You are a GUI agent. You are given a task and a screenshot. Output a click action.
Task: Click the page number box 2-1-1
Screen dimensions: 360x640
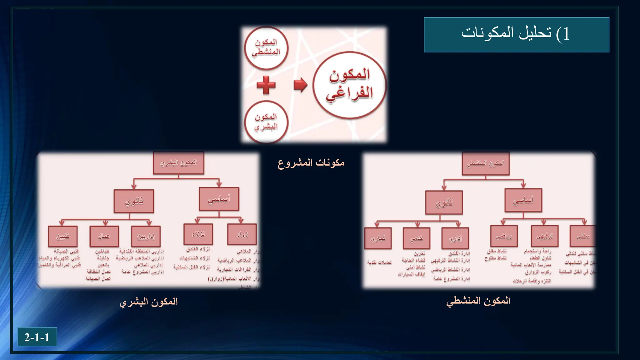[37, 337]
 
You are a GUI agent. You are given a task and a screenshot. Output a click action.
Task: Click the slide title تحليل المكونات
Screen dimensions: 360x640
[516, 34]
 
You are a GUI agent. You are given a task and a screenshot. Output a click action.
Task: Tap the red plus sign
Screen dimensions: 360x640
[266, 85]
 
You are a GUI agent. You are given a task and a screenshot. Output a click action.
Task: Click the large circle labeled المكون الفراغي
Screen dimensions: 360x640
[349, 85]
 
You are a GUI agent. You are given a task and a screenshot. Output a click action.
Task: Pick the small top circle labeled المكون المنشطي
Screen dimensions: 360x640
[266, 47]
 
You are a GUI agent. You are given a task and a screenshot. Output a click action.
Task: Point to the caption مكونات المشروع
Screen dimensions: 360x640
[311, 163]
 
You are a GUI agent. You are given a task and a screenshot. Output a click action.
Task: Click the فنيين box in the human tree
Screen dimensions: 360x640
[63, 236]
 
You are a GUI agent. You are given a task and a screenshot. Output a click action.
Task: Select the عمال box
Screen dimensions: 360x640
[104, 236]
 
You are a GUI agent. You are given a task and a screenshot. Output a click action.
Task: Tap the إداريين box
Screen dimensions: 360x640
[146, 237]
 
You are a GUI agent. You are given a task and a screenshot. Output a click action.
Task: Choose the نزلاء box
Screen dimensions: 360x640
[198, 234]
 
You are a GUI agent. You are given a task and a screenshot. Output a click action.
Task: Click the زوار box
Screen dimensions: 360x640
[242, 234]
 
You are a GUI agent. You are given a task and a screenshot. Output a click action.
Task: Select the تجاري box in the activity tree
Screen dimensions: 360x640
[378, 238]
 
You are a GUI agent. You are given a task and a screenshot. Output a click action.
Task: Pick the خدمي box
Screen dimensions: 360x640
[416, 238]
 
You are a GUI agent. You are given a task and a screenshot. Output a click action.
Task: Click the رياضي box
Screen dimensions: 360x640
[504, 236]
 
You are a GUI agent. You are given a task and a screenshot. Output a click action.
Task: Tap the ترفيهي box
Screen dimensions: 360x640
[545, 236]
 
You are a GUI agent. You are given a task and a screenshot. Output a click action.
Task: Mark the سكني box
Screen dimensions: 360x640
[583, 236]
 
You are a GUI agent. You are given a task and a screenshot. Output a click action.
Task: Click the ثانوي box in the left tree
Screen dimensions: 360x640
[134, 201]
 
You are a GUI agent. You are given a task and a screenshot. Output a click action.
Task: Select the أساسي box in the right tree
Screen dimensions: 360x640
[523, 200]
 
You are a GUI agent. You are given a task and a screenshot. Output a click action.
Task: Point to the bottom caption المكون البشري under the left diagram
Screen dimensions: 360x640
[149, 302]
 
